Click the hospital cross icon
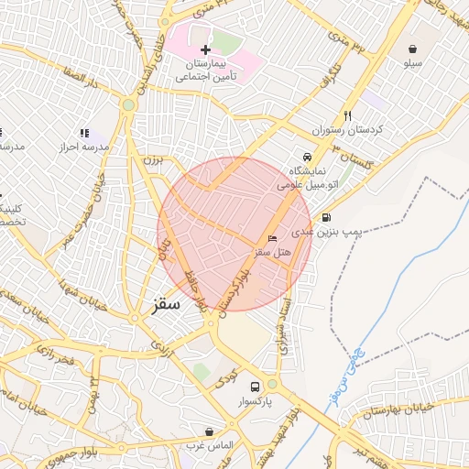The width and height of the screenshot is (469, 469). (x=205, y=49)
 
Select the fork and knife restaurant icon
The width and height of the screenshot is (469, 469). (x=347, y=116)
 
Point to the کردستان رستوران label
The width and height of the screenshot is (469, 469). (x=347, y=131)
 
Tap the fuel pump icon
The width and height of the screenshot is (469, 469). (x=327, y=217)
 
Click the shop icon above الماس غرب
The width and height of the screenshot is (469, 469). (x=211, y=431)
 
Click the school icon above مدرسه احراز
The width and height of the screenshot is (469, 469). (x=84, y=133)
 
